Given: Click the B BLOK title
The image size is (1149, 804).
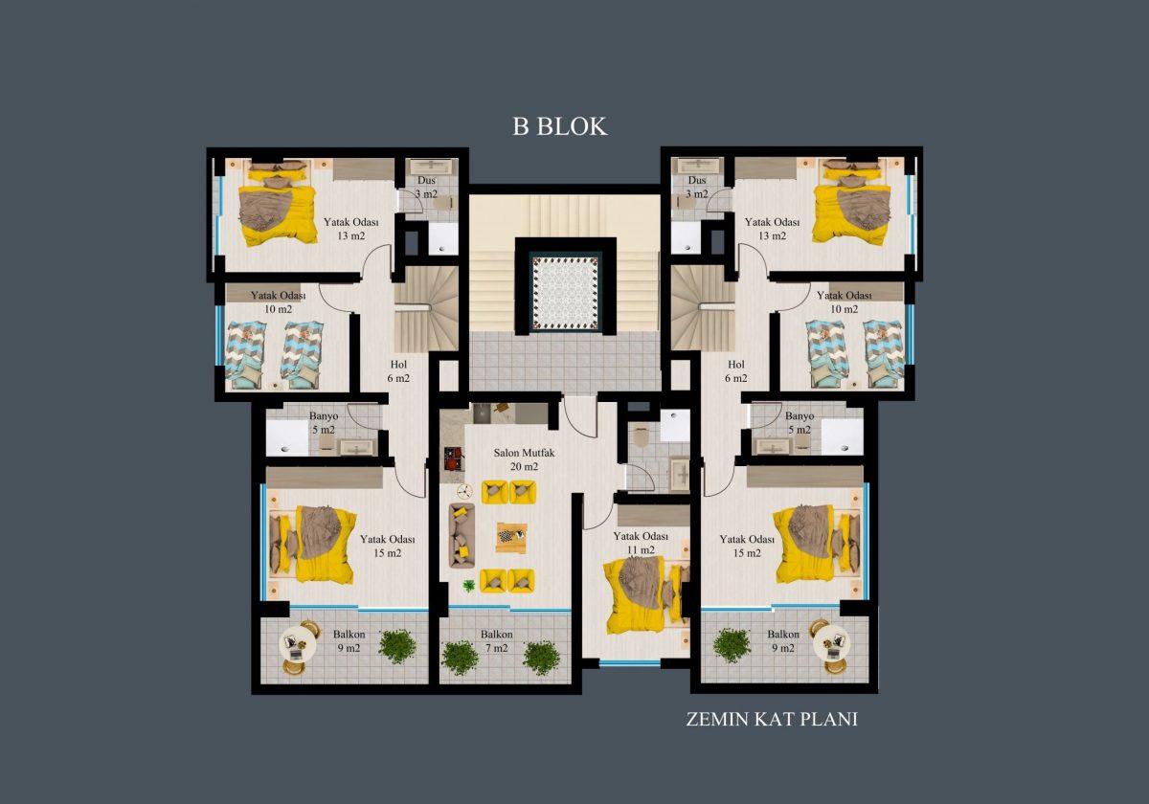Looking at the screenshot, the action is click(x=559, y=126).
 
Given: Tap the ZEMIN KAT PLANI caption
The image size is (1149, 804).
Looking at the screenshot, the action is click(x=772, y=720).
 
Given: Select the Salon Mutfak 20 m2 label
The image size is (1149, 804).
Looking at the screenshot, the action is click(x=524, y=459).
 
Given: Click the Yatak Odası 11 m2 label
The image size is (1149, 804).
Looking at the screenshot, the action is click(x=641, y=543).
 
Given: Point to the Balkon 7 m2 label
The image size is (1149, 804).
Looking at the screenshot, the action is click(x=497, y=641).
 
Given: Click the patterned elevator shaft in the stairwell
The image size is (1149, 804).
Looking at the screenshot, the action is click(x=565, y=293).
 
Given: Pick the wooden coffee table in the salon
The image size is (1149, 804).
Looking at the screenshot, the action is click(x=511, y=538).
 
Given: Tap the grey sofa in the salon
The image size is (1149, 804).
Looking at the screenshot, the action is click(x=462, y=535).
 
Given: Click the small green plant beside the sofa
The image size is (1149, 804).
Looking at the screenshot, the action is click(x=469, y=586).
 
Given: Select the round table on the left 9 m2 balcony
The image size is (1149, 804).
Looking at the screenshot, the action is click(x=298, y=648).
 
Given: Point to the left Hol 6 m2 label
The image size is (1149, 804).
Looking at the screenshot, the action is click(x=398, y=371).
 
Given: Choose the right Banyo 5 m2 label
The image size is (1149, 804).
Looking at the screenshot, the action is click(x=800, y=422).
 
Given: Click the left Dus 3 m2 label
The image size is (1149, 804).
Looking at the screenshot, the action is click(x=426, y=188).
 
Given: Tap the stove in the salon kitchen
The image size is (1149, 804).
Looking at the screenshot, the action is click(x=453, y=458).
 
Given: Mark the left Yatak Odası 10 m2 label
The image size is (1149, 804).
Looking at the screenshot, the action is click(x=278, y=302).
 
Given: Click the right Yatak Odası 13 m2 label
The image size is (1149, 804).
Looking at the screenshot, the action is click(x=772, y=229).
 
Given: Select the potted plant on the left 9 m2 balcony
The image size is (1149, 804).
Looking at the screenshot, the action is click(x=397, y=647).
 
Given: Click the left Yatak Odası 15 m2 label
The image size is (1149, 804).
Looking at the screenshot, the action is click(x=387, y=547).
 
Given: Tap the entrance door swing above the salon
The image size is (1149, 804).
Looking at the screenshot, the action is click(x=579, y=415).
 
